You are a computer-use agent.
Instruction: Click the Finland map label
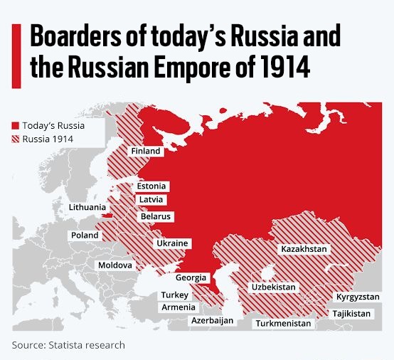click(146, 152)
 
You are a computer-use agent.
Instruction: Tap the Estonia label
click(151, 186)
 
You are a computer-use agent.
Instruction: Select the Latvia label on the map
click(151, 199)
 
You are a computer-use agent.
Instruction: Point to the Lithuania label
click(89, 207)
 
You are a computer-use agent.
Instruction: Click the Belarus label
click(156, 216)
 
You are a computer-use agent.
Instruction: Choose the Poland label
click(85, 235)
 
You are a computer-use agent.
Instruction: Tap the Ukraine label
click(172, 243)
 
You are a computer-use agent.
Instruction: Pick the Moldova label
click(115, 265)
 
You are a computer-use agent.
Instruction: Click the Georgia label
click(191, 277)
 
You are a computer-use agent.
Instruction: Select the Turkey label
click(174, 295)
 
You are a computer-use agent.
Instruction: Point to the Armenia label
click(178, 307)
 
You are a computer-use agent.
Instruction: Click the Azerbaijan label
click(212, 321)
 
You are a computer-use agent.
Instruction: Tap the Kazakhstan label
click(304, 249)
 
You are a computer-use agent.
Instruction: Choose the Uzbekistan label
click(274, 287)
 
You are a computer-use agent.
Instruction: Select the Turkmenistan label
click(284, 323)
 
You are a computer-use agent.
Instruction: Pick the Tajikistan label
click(351, 314)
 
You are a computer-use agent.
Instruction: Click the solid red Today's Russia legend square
click(15, 125)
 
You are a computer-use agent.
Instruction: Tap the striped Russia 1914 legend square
click(15, 139)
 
